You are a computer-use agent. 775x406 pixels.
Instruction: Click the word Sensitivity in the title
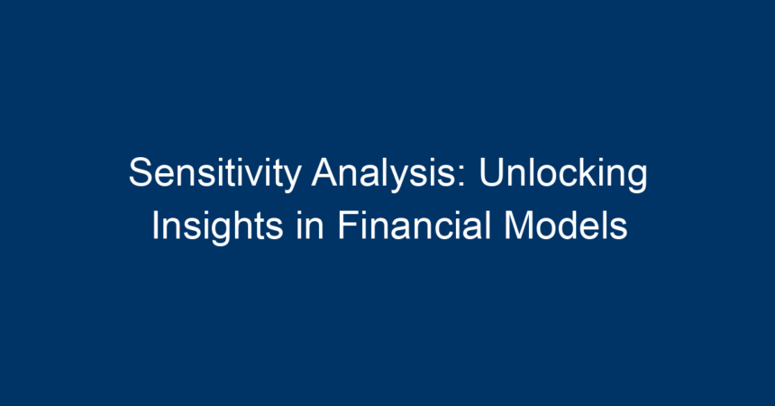215,173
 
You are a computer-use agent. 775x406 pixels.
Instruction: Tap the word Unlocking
563,173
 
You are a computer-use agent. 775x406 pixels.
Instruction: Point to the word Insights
217,226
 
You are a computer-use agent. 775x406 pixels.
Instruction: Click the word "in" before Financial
310,226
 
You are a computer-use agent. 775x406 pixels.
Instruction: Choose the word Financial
415,226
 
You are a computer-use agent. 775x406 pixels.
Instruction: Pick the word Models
566,226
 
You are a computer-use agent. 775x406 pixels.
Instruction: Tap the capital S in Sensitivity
141,171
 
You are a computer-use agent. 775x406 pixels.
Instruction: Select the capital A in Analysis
325,171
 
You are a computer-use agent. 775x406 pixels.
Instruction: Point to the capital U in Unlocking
491,171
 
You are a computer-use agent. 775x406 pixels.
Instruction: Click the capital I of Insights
155,226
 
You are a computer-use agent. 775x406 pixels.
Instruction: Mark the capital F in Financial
348,226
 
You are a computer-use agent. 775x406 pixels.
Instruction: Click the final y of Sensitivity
293,180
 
